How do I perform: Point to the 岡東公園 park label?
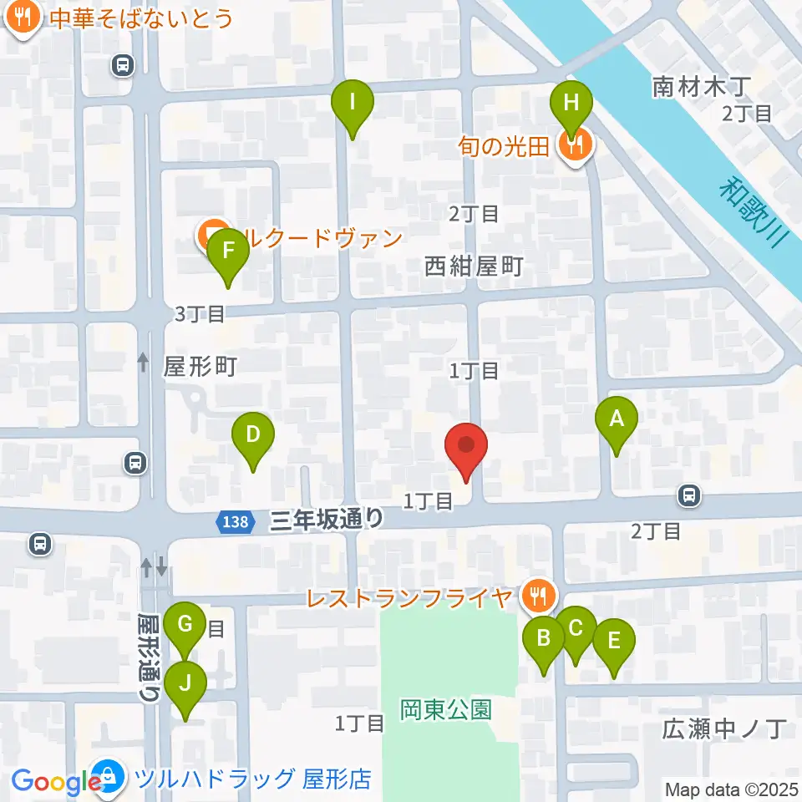coord(444,710)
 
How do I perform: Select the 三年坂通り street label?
coord(327,520)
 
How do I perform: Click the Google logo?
coord(57,782)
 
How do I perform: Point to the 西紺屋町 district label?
coord(474,266)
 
